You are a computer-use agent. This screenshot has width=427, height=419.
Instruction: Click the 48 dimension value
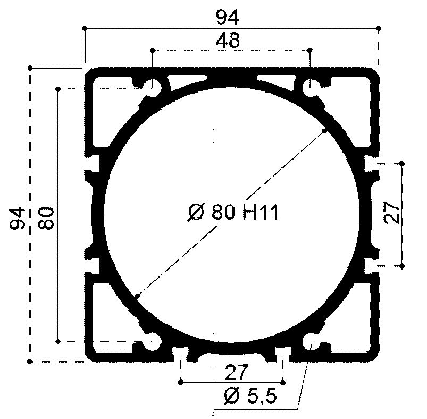228,40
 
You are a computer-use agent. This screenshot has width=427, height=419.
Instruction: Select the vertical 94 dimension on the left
18,217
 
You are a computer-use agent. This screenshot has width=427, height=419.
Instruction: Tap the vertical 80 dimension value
47,217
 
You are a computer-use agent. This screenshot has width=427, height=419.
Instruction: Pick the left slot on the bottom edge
181,353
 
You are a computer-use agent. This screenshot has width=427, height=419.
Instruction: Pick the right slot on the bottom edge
283,353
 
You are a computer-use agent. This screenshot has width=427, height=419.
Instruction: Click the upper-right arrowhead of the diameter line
323,131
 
